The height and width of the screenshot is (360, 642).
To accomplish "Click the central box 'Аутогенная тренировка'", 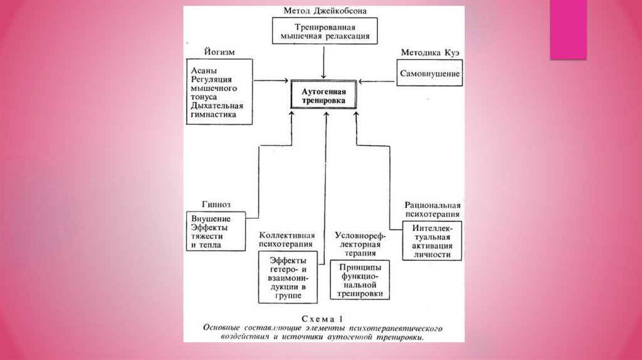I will (324, 96).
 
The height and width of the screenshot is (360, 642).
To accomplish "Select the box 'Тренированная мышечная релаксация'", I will (325, 31).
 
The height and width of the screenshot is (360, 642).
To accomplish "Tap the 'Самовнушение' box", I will (430, 74).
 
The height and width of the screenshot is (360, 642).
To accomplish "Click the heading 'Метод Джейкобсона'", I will (325, 11).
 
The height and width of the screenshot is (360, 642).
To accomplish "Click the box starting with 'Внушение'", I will (215, 231).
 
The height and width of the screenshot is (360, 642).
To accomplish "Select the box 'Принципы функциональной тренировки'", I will (360, 280).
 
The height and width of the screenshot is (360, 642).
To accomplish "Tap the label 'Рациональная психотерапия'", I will (433, 209).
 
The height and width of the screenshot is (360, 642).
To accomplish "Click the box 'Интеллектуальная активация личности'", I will (433, 241).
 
